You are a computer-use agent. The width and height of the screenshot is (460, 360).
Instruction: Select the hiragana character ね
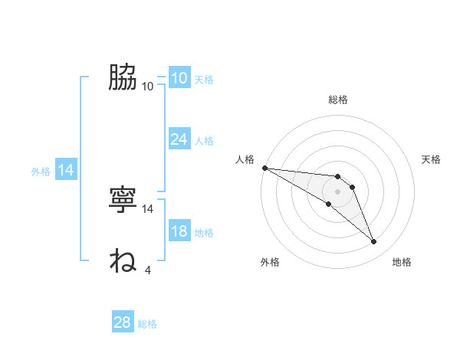[123, 260]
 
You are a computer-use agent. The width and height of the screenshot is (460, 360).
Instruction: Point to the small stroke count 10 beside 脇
[148, 86]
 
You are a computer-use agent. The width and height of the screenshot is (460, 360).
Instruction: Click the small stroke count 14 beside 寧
[148, 208]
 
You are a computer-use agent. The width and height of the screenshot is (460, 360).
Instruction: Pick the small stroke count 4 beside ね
[148, 270]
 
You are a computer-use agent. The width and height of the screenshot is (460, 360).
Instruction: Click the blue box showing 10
[179, 78]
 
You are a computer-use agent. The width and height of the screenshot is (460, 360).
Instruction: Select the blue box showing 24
[179, 139]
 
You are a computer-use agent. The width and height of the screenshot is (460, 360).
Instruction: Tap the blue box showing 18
[179, 232]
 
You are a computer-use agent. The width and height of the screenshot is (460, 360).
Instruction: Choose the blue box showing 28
[123, 322]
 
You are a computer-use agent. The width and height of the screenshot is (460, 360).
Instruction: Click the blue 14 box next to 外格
[66, 171]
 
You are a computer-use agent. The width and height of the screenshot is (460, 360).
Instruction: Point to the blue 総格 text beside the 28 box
[148, 324]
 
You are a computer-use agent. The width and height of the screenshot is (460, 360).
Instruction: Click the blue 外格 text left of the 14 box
[41, 172]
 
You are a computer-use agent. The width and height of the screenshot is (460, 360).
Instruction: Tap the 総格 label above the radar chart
[338, 100]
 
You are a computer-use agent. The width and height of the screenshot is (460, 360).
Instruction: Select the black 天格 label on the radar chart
[432, 159]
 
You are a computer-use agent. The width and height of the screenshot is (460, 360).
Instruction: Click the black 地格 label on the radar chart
[402, 263]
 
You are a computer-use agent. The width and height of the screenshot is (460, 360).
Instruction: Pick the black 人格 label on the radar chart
[245, 159]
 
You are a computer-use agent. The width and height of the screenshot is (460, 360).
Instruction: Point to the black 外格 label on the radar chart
[270, 263]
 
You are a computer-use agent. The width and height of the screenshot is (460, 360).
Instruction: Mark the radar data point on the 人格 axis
[264, 168]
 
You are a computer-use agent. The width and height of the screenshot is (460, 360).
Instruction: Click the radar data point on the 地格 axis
[374, 242]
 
